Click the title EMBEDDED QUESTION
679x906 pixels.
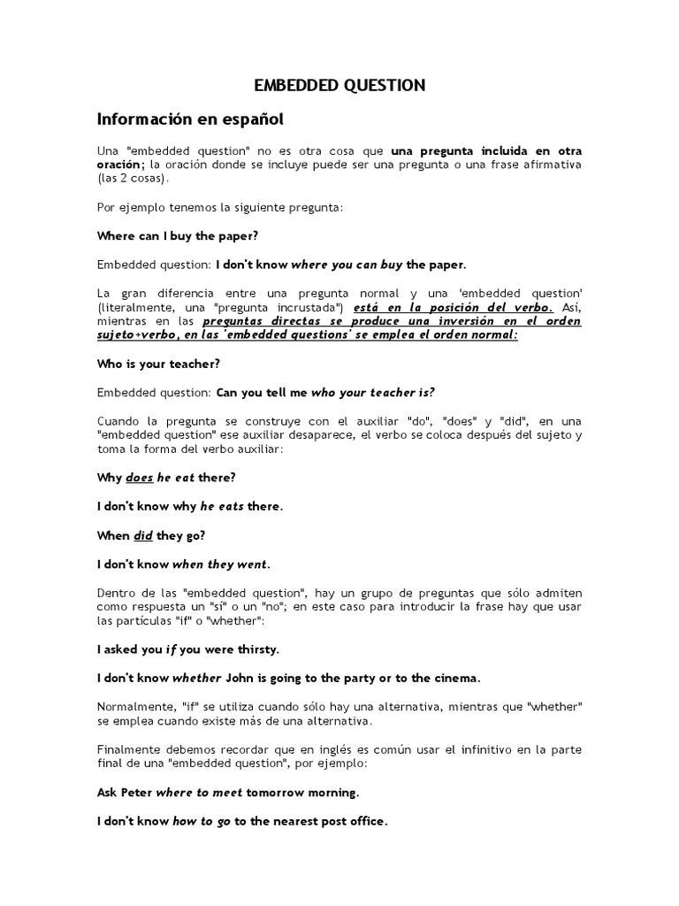tap(339, 85)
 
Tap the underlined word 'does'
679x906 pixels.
tap(140, 478)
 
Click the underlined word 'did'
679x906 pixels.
tap(143, 535)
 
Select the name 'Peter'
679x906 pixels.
tap(134, 792)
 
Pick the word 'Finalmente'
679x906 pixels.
tap(126, 749)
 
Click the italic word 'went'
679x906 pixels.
tap(252, 564)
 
